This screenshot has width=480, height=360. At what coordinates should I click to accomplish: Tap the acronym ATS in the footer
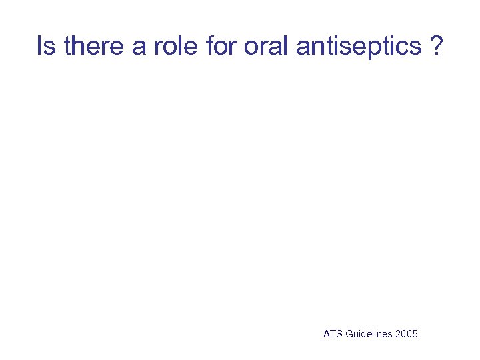[x=332, y=334]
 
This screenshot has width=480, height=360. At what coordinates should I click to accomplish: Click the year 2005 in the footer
[x=406, y=334]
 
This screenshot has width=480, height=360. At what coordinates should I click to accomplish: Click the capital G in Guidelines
[x=347, y=334]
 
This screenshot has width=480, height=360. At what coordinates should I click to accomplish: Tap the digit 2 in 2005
[x=398, y=334]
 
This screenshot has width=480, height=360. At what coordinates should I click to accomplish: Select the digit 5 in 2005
[x=415, y=334]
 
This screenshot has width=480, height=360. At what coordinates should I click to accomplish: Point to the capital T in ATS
[x=332, y=334]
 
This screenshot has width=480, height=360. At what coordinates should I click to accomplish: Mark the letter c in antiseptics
[x=403, y=48]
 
